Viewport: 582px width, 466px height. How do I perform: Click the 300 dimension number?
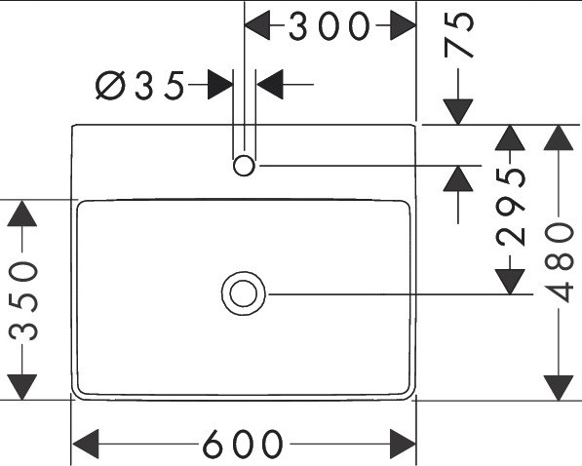(x=330, y=26)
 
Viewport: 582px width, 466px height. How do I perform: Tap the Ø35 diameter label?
(x=140, y=86)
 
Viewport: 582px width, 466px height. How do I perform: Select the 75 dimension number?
(x=459, y=34)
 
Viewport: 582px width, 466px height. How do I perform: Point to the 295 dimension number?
(x=511, y=208)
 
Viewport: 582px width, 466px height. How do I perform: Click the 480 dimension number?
(x=559, y=262)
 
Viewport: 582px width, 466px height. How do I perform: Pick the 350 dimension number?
(x=23, y=301)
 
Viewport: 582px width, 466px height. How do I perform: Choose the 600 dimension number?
(x=243, y=444)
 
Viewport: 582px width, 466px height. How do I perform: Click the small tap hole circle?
(x=244, y=166)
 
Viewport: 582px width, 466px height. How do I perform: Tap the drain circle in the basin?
(x=244, y=293)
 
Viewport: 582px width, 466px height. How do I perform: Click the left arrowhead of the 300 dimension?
(x=257, y=25)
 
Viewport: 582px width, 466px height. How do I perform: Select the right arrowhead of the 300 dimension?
(x=403, y=25)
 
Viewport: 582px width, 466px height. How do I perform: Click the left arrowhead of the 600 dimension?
(x=86, y=444)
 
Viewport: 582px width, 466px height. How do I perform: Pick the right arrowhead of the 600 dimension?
(x=403, y=444)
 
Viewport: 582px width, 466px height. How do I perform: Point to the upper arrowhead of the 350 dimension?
(x=21, y=214)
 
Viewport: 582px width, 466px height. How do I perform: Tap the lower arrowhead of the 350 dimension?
(x=21, y=387)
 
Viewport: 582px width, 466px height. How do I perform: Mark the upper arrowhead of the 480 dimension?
(x=559, y=137)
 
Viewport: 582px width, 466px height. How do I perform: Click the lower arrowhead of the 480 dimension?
(x=559, y=388)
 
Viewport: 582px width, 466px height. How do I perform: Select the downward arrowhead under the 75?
(x=458, y=112)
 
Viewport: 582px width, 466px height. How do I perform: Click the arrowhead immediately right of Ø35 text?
(x=220, y=84)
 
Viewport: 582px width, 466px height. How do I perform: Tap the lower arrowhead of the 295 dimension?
(x=510, y=282)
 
